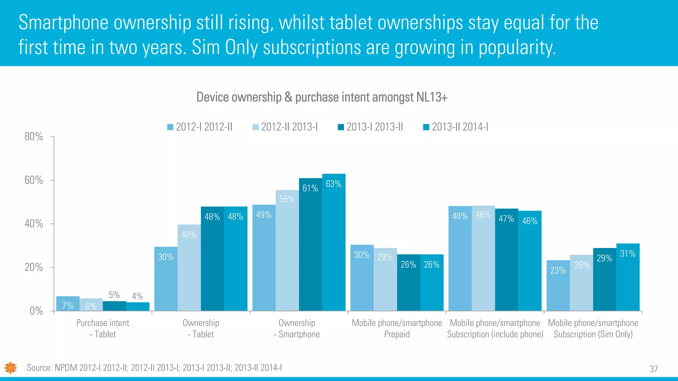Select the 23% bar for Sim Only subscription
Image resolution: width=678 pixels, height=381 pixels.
[558, 286]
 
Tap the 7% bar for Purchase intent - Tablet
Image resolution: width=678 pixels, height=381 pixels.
[68, 304]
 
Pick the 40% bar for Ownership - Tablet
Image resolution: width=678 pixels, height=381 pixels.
[189, 268]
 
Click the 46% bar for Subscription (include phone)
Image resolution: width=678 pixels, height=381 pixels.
[530, 261]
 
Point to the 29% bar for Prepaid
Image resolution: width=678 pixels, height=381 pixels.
[385, 279]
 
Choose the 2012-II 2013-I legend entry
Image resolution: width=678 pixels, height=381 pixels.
[285, 127]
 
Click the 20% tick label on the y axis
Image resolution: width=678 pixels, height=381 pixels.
[34, 267]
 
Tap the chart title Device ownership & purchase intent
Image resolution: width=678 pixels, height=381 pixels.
[322, 97]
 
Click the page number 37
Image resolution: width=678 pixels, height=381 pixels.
[654, 369]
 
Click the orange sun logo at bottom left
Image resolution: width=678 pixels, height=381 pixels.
[11, 367]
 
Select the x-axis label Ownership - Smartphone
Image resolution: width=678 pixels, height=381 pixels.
[297, 328]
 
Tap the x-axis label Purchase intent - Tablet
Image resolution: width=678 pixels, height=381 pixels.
[103, 328]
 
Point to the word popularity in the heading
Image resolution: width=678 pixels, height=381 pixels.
[517, 47]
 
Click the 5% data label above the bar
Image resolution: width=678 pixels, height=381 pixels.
[114, 295]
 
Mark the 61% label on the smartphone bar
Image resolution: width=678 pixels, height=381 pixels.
[310, 188]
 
